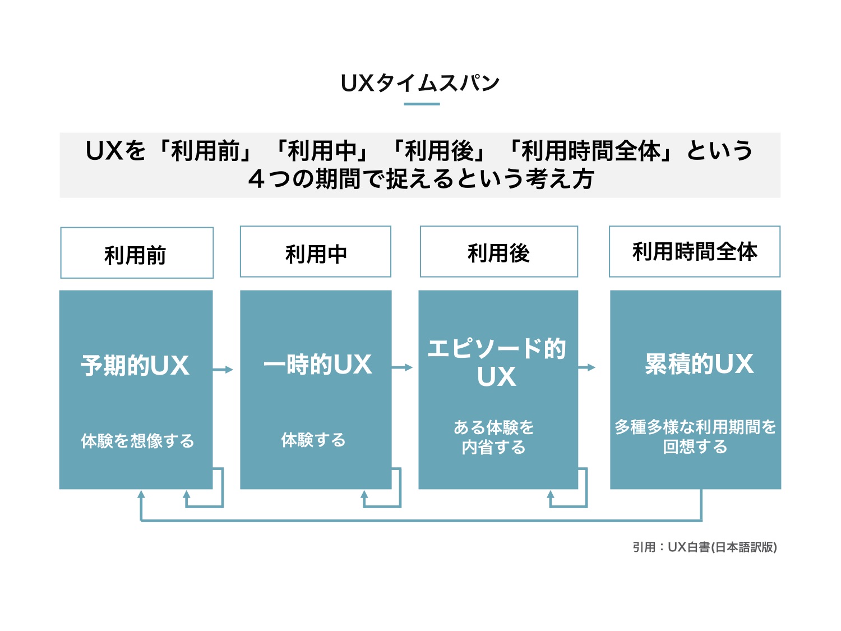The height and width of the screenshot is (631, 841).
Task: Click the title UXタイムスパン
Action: pyautogui.click(x=420, y=83)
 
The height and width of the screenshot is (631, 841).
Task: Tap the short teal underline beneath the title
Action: pyautogui.click(x=422, y=104)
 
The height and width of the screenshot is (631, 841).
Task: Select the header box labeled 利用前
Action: pyautogui.click(x=137, y=253)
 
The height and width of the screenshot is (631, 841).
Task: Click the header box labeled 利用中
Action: pyautogui.click(x=316, y=252)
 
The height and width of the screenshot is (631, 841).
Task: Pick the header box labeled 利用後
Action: pyautogui.click(x=498, y=252)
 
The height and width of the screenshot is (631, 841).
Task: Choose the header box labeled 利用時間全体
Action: pyautogui.click(x=695, y=252)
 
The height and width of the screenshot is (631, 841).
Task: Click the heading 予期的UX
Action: pyautogui.click(x=135, y=365)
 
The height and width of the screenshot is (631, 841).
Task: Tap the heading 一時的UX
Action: pyautogui.click(x=317, y=364)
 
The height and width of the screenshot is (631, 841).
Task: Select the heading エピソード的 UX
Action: pyautogui.click(x=497, y=362)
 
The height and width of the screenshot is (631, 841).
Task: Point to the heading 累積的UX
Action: pyautogui.click(x=699, y=363)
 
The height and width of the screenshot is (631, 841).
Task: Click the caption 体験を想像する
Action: pyautogui.click(x=137, y=441)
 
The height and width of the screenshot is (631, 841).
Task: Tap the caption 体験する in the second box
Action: pyautogui.click(x=313, y=440)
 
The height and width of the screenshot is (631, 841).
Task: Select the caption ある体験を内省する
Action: pyautogui.click(x=494, y=437)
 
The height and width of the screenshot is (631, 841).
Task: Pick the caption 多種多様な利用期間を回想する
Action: pyautogui.click(x=695, y=436)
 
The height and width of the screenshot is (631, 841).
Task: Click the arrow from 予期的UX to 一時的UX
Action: pyautogui.click(x=223, y=369)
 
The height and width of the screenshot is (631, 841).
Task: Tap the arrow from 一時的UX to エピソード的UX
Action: pyautogui.click(x=403, y=367)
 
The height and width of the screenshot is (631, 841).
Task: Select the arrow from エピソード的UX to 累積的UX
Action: pyautogui.click(x=586, y=367)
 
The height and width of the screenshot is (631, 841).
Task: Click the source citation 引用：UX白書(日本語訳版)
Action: pyautogui.click(x=704, y=547)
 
